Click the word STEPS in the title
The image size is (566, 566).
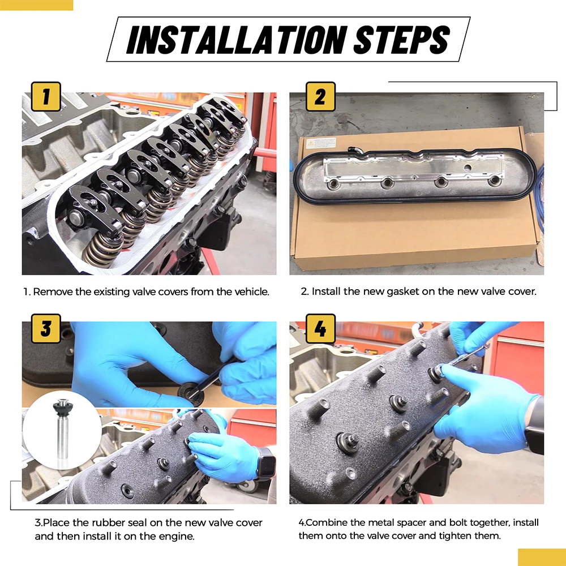401,40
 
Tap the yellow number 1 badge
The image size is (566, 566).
46,96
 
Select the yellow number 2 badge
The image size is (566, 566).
320,96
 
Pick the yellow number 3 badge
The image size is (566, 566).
46,328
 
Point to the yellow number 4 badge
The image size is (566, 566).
320,328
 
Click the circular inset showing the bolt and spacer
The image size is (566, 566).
62,430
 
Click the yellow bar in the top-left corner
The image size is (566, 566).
36,5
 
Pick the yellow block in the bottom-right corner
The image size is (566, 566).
542,558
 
